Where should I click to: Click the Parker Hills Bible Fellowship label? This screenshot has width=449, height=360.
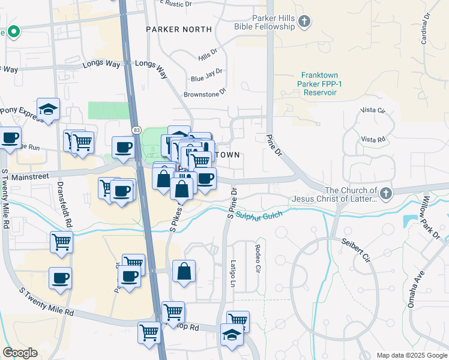tap(266, 23)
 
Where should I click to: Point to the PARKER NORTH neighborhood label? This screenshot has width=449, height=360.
tap(179, 29)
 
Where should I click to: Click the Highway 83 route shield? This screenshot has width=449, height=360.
tap(136, 130)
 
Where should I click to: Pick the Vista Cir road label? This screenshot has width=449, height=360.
tap(372, 110)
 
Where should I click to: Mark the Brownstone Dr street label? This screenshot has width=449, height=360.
tap(205, 94)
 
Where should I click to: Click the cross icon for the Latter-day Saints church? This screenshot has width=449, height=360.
tap(385, 193)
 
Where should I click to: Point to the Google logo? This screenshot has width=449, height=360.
tap(20, 353)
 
